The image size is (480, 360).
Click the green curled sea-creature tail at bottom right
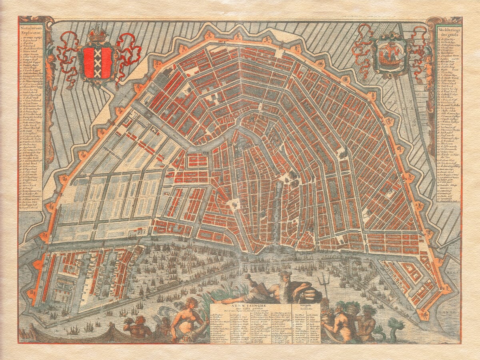[x=394, y=326]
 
